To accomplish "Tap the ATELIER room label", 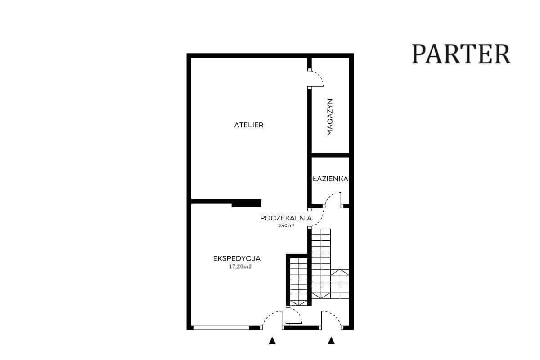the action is coord(249,125).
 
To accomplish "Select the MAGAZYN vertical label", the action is coord(330,117).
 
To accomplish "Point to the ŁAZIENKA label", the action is coord(330,179).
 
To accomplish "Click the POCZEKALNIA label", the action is coord(286,218).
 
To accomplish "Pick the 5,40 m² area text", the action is coord(286,226).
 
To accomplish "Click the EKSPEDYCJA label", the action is coord(237,258).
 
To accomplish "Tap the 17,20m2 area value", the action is coord(240,266).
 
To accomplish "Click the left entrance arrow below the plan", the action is coord(272,341).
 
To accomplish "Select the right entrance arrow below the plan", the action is coord(331,341).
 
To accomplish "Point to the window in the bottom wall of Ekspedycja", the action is coord(221,328).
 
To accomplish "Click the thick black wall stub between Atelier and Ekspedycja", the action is coord(247,203).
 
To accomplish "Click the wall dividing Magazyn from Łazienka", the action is coord(330,156).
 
